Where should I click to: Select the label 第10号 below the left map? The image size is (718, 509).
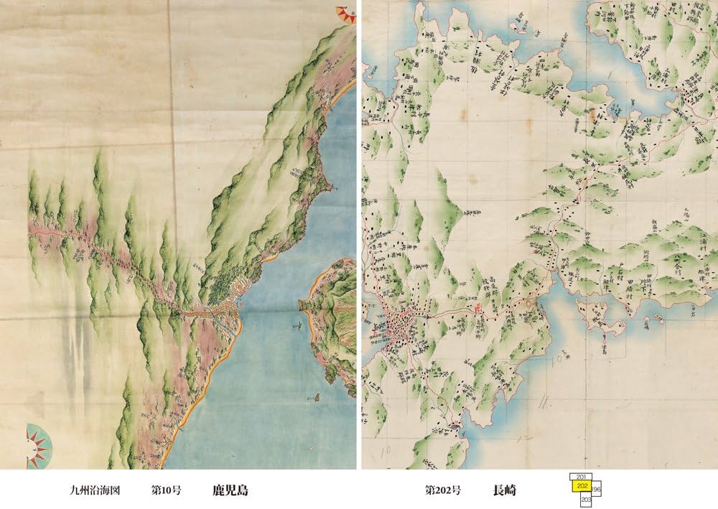[165, 491]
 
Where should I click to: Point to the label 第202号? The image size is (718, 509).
[443, 491]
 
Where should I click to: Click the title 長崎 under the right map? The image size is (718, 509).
[504, 491]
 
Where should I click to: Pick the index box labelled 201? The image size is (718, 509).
[581, 477]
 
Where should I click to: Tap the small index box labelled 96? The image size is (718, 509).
[597, 488]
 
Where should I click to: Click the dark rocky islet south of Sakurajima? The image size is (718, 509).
[317, 396]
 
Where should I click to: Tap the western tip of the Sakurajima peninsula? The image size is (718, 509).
[301, 305]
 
